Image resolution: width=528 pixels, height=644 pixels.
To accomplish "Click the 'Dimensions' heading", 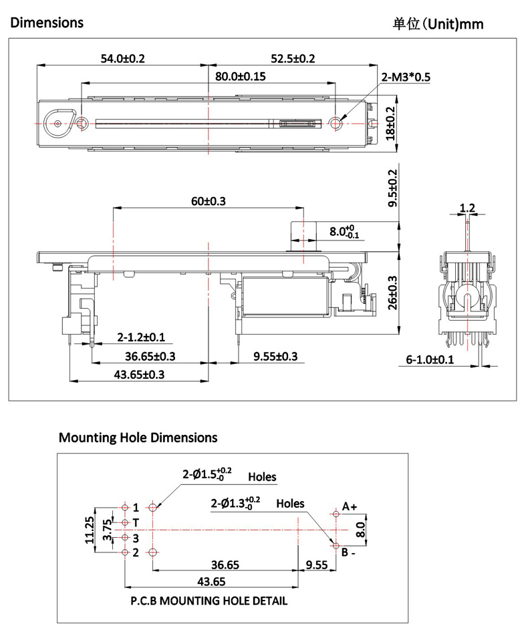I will (47, 22).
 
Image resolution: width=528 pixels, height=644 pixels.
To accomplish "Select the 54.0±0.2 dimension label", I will (122, 58).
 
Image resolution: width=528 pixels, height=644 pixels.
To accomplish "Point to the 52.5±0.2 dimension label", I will (293, 58).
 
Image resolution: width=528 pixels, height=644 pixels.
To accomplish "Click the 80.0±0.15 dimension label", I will (241, 76).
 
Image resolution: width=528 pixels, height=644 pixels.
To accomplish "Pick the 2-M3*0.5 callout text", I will (406, 77).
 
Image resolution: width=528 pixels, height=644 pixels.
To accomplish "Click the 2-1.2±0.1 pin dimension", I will (140, 337).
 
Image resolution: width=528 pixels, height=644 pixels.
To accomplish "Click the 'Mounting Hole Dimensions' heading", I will (138, 438).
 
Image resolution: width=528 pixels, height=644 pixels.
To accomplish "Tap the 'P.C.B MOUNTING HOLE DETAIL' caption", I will (209, 601).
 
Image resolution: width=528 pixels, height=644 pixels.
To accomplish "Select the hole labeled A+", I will (335, 514).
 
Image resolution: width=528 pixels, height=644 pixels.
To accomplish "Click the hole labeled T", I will (125, 522).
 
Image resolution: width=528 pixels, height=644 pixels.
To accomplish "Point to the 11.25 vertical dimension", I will (90, 530).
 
